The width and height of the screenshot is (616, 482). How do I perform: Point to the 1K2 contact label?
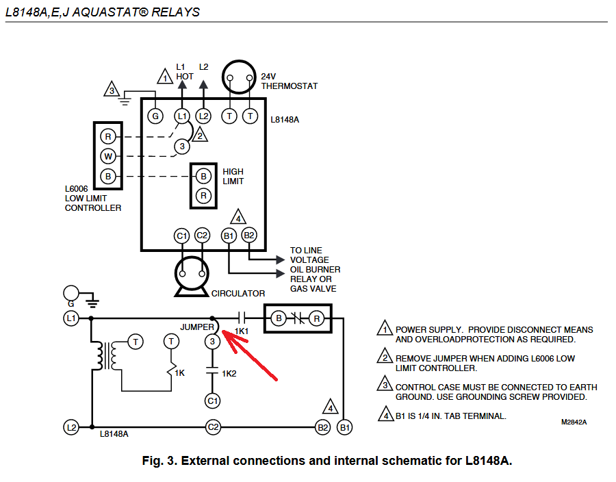[229, 374]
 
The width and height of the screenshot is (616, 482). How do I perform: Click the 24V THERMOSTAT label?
[289, 81]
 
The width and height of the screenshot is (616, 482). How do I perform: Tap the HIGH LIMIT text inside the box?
[233, 177]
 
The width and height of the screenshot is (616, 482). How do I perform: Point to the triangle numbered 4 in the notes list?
[385, 416]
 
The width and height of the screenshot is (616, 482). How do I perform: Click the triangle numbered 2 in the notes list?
[385, 358]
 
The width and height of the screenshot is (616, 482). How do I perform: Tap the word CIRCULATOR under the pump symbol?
[238, 294]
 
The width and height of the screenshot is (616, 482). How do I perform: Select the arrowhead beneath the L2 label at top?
[203, 85]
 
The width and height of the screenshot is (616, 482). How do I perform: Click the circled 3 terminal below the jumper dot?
[212, 340]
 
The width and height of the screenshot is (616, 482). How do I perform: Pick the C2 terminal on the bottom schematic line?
[213, 427]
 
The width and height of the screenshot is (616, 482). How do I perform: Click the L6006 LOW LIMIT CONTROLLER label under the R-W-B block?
[93, 198]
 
